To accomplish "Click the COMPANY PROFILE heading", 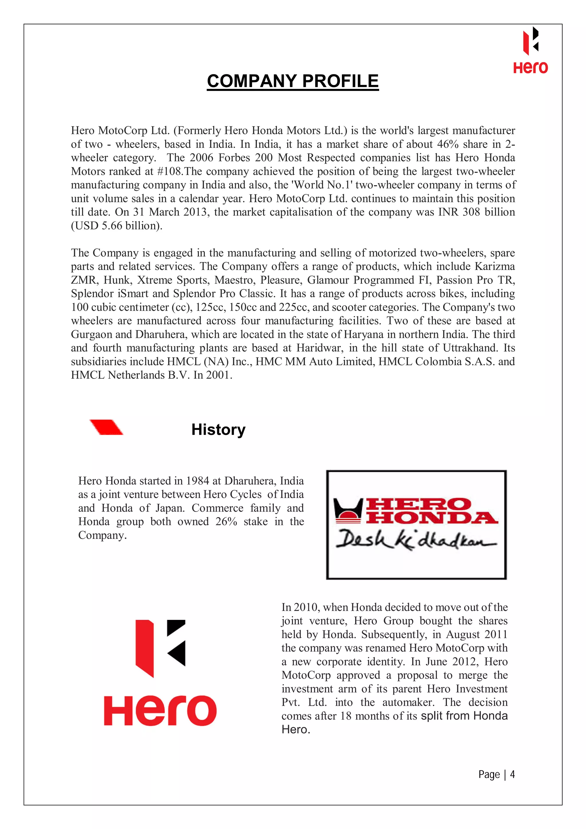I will point(292,81).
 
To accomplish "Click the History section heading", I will point(218,430).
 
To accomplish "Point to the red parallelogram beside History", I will point(106,427).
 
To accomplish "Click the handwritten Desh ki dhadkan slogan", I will point(415,540).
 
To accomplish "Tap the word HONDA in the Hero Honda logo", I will point(431,518).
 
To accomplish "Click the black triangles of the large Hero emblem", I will point(176,643).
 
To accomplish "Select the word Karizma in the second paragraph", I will point(494,267).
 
